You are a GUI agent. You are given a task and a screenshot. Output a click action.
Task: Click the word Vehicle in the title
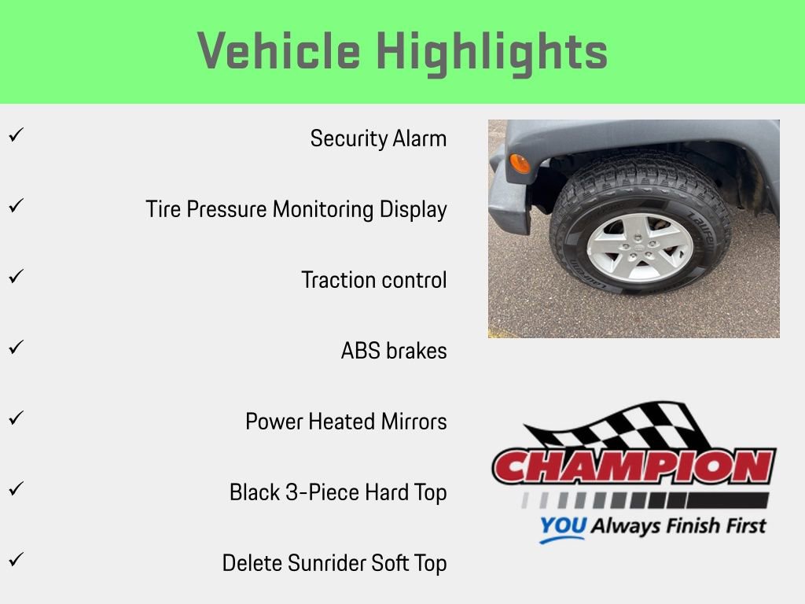(279, 52)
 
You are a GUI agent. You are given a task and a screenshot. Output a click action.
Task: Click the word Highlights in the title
(492, 52)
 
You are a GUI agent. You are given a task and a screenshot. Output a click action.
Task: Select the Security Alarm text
(378, 138)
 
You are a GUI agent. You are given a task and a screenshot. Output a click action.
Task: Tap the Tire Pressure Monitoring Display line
(296, 209)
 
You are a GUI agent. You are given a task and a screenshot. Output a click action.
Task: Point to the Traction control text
(374, 280)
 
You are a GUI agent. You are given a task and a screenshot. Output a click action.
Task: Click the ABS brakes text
(394, 351)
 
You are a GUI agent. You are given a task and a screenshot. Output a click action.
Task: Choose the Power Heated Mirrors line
(346, 422)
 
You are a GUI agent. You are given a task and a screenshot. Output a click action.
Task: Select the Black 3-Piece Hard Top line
(338, 492)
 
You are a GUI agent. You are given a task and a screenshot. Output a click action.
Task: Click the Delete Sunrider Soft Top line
(334, 563)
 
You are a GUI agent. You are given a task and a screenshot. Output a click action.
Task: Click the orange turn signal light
(520, 163)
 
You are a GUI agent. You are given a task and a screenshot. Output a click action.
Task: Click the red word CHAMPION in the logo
(634, 467)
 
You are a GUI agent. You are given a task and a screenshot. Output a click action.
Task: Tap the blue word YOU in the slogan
(562, 526)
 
